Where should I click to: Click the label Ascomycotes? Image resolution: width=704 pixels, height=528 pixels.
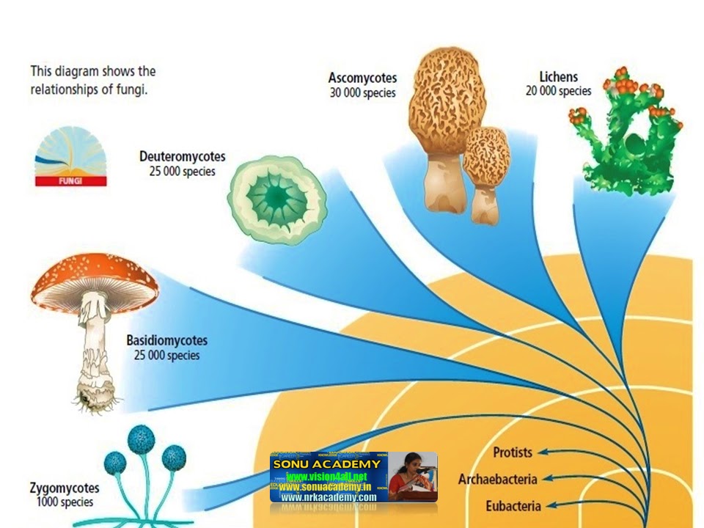[362, 78]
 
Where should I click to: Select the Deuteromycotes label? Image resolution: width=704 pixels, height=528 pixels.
[182, 156]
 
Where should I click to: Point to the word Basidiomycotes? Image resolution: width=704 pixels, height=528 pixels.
[166, 340]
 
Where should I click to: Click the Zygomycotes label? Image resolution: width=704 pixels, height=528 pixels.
[65, 488]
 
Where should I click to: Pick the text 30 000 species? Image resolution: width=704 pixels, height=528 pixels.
[362, 92]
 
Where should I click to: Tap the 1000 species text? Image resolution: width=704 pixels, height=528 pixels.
[65, 502]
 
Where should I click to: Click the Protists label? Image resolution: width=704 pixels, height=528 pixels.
[513, 452]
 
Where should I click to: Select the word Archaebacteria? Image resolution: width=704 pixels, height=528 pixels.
[497, 479]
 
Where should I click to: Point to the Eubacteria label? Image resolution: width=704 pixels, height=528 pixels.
[513, 506]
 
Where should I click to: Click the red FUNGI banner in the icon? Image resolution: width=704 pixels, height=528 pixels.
[71, 180]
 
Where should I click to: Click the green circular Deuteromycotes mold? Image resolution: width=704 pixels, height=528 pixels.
[278, 197]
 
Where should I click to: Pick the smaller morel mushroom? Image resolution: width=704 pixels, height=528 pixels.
[484, 172]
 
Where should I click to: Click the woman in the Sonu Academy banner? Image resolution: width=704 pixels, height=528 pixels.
[411, 477]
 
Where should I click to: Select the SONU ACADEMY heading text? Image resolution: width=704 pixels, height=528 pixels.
[326, 463]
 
